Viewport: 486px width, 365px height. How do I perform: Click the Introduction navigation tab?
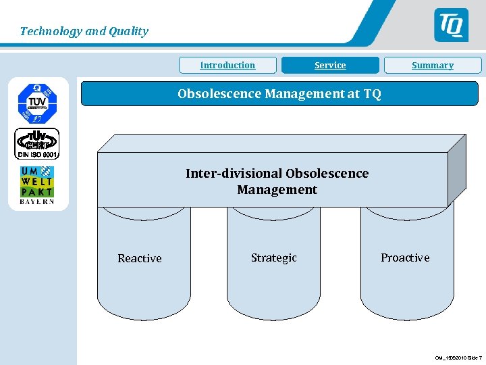[x=227, y=66]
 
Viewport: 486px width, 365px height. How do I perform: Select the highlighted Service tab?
[x=330, y=66]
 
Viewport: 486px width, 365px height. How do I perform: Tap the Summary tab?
[x=433, y=66]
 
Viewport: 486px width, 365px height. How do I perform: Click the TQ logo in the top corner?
[x=450, y=25]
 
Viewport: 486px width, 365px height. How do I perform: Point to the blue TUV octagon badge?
[x=37, y=102]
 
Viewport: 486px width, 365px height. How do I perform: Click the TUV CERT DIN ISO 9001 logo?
[x=37, y=143]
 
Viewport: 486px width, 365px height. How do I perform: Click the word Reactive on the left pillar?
[x=140, y=258]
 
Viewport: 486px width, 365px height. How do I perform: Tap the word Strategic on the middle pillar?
[x=273, y=258]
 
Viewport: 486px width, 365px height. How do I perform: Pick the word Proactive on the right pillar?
[x=405, y=258]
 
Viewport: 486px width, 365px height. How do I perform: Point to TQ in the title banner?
[x=372, y=94]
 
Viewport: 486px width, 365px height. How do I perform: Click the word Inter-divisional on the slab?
[x=234, y=174]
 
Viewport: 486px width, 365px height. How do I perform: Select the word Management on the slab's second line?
[x=277, y=190]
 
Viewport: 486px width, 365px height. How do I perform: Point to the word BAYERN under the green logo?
[x=37, y=201]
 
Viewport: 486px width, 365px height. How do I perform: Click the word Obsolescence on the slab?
[x=327, y=174]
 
